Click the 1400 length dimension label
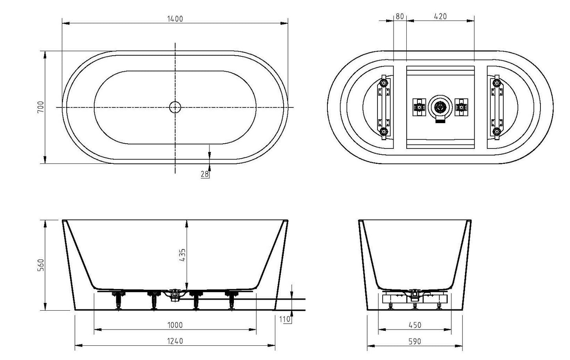(175, 19)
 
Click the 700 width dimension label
(40, 107)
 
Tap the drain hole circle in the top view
(175, 107)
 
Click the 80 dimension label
(399, 16)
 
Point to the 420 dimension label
(440, 16)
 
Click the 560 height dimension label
(40, 265)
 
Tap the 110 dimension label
(287, 319)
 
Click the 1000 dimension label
(175, 325)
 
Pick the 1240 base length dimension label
(175, 341)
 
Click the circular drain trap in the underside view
(440, 107)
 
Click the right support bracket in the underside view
(496, 107)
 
